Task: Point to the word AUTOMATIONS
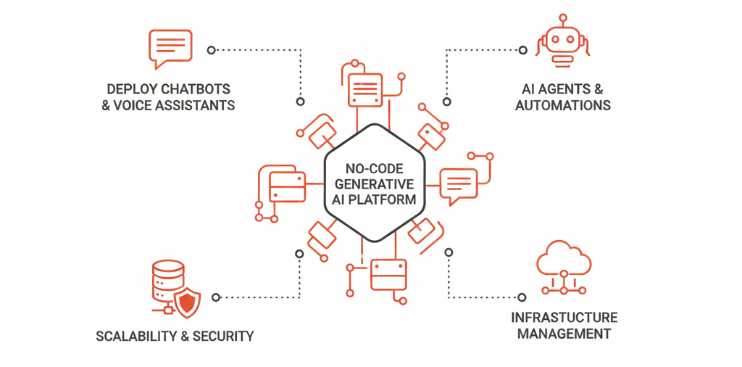(x=563, y=105)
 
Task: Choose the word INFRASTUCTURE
(x=564, y=318)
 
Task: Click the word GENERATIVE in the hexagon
(x=371, y=183)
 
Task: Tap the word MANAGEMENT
(x=564, y=334)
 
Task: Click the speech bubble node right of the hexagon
(x=459, y=182)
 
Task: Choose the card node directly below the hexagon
(x=389, y=275)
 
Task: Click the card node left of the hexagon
(x=283, y=185)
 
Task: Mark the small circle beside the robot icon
(x=522, y=50)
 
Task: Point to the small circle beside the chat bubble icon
(x=211, y=50)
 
